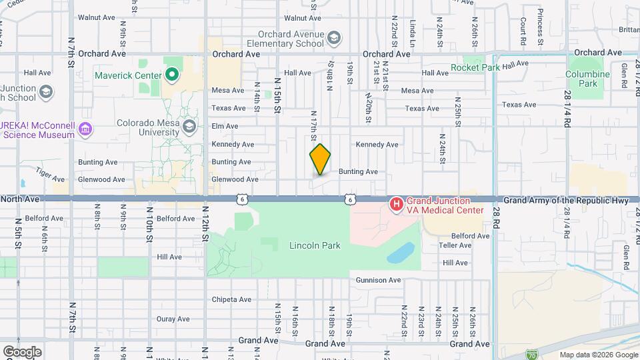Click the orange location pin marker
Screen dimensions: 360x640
[x=321, y=159]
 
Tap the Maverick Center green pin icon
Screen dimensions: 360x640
[x=172, y=75]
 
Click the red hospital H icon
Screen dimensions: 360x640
[x=396, y=203]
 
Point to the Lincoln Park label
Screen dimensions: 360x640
[x=315, y=245]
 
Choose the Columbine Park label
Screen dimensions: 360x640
[x=588, y=79]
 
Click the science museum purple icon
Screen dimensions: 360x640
[x=85, y=129]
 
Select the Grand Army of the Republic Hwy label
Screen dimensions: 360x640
[x=566, y=200]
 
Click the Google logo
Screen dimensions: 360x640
[x=21, y=352]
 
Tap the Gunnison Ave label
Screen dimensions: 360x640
[x=378, y=281]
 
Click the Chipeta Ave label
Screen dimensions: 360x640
[x=231, y=299]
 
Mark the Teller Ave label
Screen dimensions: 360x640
[x=456, y=245]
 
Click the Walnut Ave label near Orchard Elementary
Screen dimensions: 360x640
[x=303, y=18]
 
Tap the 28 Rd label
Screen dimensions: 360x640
[x=496, y=216]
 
